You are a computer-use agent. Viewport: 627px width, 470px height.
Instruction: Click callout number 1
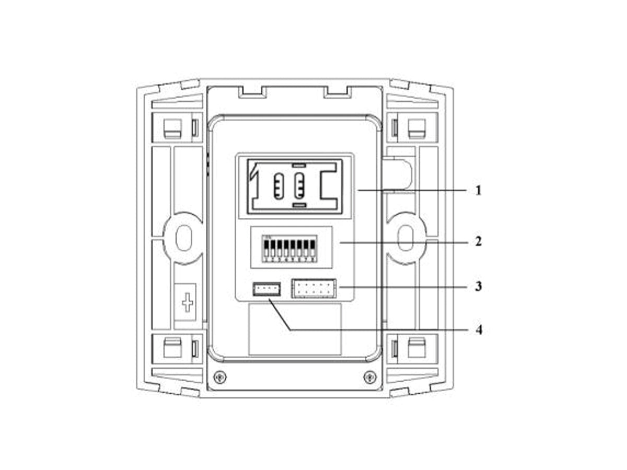(x=478, y=190)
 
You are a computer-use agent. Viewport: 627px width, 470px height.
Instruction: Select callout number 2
(x=478, y=242)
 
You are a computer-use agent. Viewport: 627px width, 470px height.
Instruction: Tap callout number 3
(x=478, y=287)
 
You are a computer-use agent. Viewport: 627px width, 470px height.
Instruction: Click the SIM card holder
(x=295, y=186)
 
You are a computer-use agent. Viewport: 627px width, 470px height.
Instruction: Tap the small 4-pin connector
(x=266, y=288)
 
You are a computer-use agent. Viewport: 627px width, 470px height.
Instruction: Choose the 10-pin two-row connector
(x=313, y=288)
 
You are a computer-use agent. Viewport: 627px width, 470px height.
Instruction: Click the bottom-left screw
(x=220, y=376)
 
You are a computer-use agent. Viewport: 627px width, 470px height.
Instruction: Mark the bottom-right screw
(x=369, y=376)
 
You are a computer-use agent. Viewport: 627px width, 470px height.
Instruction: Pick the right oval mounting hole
(x=406, y=238)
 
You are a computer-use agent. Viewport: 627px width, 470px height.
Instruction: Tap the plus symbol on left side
(x=187, y=302)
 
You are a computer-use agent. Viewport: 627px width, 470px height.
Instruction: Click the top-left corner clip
(x=172, y=127)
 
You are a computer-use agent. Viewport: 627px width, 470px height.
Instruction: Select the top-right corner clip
(x=417, y=127)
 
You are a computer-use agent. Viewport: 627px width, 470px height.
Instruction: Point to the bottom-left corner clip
(x=172, y=348)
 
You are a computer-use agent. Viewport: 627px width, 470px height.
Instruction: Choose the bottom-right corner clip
(x=417, y=348)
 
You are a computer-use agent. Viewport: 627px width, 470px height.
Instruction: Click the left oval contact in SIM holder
(x=278, y=185)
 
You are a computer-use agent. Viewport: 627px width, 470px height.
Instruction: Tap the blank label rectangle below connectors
(x=295, y=330)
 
